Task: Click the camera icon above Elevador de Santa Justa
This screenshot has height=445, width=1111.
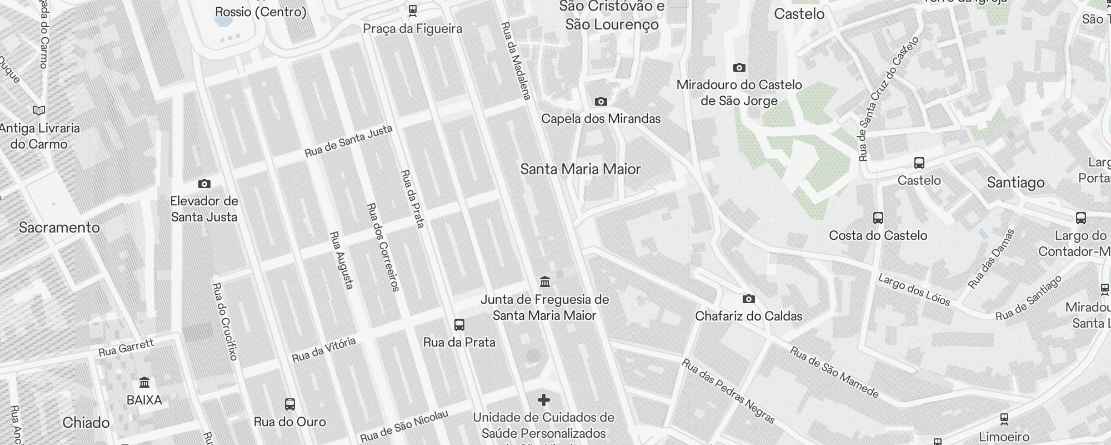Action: [204, 184]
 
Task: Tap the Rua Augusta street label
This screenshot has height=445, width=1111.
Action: [342, 260]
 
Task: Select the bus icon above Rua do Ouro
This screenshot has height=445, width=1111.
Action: [289, 404]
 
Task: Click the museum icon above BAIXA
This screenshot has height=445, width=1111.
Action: [144, 383]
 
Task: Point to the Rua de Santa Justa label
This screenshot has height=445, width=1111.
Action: [348, 141]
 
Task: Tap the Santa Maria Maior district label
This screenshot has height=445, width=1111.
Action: [580, 169]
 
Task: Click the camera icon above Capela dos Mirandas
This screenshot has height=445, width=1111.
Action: [600, 101]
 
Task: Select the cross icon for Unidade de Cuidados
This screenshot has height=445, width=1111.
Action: [544, 400]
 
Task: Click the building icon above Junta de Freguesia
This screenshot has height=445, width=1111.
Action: [545, 282]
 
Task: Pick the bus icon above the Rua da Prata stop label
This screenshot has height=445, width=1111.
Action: [459, 325]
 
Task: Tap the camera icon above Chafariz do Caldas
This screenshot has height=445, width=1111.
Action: [749, 299]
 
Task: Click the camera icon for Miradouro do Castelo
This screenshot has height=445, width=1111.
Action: [739, 68]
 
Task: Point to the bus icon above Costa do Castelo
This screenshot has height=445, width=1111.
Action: [878, 218]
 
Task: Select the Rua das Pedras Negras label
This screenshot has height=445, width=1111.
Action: [728, 390]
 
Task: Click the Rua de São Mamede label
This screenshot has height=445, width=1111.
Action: [834, 373]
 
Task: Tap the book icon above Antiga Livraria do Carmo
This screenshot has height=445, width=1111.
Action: [39, 110]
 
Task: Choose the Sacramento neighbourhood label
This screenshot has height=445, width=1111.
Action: [59, 228]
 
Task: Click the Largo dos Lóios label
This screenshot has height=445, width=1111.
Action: [914, 289]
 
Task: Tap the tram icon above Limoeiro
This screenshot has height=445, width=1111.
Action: [1004, 418]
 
